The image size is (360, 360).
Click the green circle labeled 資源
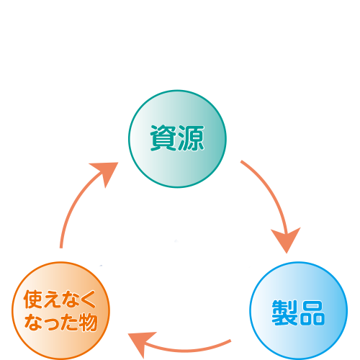(x=177, y=139)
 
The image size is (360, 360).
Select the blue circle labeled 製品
(x=299, y=311)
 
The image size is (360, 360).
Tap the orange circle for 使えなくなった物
(x=60, y=311)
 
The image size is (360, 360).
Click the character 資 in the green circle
(x=163, y=138)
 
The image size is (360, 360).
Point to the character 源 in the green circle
(x=191, y=138)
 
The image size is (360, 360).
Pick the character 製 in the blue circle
(x=285, y=312)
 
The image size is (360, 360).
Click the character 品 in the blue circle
(x=312, y=312)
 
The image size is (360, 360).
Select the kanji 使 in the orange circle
(x=33, y=299)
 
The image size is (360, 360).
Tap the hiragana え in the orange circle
(x=51, y=300)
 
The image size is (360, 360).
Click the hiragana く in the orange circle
(x=87, y=300)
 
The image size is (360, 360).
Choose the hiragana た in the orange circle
(x=68, y=323)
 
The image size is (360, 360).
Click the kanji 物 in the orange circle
(x=88, y=323)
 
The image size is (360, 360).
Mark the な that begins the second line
(x=34, y=323)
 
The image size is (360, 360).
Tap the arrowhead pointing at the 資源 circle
(x=106, y=172)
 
